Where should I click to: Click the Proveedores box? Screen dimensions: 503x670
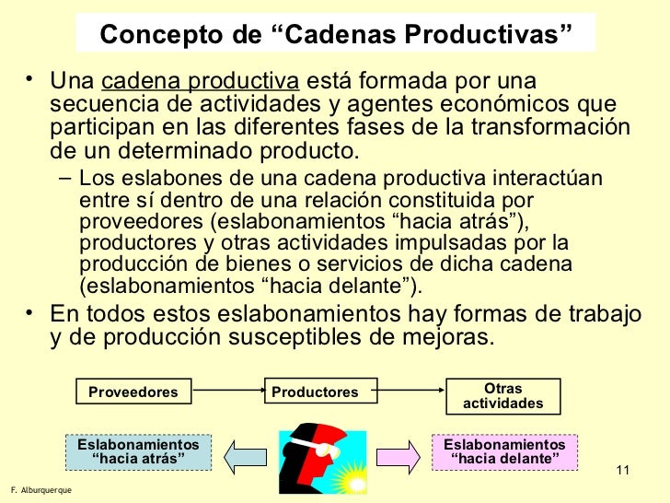click(x=133, y=392)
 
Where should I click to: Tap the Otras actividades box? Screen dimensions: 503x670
click(x=502, y=396)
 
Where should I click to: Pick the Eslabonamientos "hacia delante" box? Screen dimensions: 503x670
click(x=504, y=451)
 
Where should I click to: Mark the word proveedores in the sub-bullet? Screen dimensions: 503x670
click(x=133, y=221)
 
